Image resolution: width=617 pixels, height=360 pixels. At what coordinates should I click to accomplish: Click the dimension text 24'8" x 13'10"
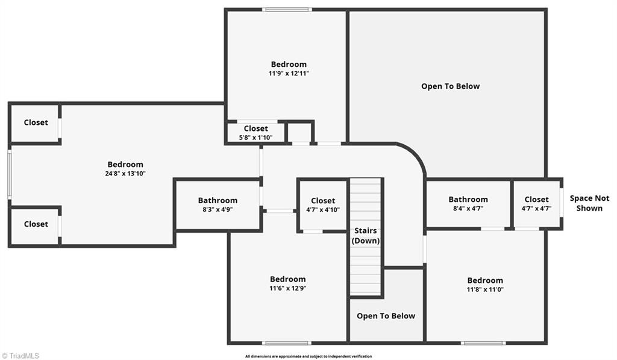point(125,174)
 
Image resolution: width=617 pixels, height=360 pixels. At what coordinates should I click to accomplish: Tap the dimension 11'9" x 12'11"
point(288,74)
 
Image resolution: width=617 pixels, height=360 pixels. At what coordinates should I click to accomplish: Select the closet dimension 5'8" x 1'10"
point(255,137)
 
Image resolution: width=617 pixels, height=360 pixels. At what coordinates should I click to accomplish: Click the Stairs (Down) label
point(365,236)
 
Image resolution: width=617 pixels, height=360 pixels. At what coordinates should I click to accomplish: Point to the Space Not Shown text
point(589,203)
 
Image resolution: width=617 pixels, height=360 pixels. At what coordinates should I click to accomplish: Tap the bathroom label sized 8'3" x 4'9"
point(218,201)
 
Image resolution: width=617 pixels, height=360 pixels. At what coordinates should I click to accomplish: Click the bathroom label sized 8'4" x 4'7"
point(468,200)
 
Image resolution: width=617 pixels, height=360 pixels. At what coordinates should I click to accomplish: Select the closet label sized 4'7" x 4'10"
point(322,201)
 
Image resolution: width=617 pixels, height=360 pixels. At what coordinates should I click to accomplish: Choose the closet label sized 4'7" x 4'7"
point(536,200)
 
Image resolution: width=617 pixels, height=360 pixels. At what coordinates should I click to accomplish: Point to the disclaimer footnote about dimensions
point(308,356)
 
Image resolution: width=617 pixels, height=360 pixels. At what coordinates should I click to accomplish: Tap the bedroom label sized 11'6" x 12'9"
point(287,279)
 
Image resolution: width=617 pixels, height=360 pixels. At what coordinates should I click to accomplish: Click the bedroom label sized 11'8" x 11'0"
point(485,280)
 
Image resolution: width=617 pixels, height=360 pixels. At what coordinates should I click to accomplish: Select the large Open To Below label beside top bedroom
point(450,86)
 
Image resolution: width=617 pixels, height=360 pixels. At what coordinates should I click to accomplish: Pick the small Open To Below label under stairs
point(386,316)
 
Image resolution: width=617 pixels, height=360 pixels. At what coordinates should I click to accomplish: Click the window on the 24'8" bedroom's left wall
point(10,174)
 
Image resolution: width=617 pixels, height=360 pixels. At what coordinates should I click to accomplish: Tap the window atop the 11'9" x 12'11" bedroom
point(287,10)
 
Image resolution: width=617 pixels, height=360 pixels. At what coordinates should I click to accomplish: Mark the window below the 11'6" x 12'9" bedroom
point(287,343)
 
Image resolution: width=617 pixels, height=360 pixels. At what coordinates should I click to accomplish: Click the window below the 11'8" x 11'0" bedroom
point(483,343)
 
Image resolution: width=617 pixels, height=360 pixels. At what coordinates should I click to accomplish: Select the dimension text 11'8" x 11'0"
point(485,289)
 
